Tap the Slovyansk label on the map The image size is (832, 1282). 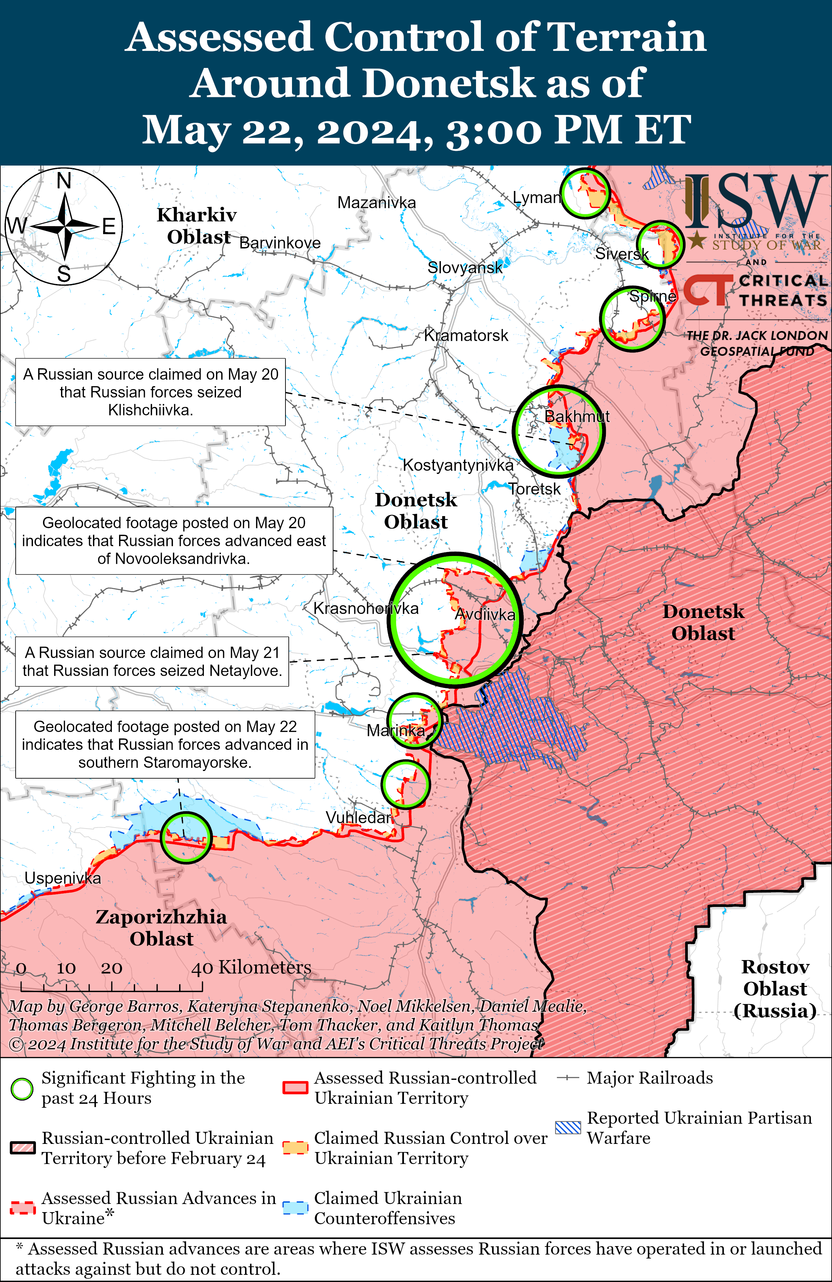pyautogui.click(x=465, y=267)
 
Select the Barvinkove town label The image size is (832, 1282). pyautogui.click(x=280, y=243)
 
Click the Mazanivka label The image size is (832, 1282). pyautogui.click(x=377, y=202)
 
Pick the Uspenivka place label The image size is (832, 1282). pyautogui.click(x=62, y=878)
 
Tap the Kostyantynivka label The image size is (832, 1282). pyautogui.click(x=458, y=465)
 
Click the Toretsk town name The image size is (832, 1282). pyautogui.click(x=535, y=489)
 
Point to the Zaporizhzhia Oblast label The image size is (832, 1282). pyautogui.click(x=161, y=927)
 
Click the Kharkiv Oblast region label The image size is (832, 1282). pyautogui.click(x=197, y=226)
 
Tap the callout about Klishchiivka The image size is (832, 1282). pyautogui.click(x=150, y=392)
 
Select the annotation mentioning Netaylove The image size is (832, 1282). pyautogui.click(x=152, y=661)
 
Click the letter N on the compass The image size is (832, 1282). pyautogui.click(x=64, y=181)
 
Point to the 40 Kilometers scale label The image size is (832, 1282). pyautogui.click(x=251, y=967)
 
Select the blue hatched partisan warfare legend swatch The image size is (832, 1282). pyautogui.click(x=568, y=1127)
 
